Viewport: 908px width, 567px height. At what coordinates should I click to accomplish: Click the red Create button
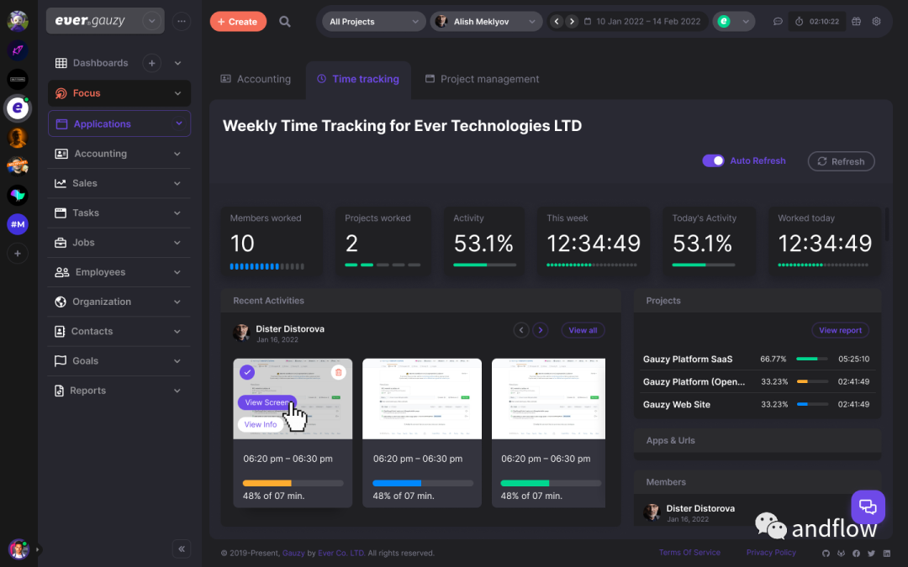point(238,22)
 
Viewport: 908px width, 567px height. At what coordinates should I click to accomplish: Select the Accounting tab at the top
point(256,79)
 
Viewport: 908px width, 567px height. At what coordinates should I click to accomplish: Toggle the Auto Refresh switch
point(714,160)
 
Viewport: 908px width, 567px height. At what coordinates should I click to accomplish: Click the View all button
point(583,330)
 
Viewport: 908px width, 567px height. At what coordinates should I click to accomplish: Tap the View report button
point(840,330)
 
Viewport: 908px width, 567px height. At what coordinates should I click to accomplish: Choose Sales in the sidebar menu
point(85,183)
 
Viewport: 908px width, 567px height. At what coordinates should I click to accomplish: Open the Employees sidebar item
point(100,272)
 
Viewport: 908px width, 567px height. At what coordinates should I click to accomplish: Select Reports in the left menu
point(87,391)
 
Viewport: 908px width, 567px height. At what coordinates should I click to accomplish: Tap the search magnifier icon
point(285,22)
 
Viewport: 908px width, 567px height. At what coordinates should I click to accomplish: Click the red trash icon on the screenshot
point(338,372)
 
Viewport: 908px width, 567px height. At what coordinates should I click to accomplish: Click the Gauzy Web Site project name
point(677,404)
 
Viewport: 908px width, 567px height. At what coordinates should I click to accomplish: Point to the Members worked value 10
point(242,244)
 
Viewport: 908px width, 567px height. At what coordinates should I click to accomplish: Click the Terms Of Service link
point(689,553)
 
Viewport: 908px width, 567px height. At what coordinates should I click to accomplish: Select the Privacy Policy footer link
point(771,553)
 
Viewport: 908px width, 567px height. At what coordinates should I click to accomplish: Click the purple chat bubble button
point(868,507)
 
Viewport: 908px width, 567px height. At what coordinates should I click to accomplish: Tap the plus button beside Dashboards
point(151,63)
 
